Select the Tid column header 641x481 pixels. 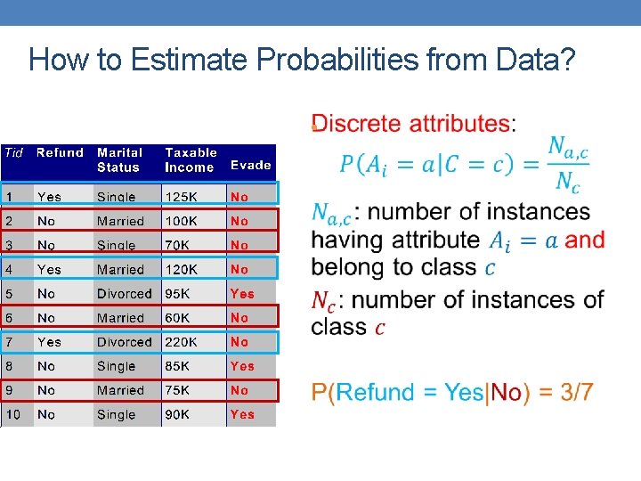click(14, 152)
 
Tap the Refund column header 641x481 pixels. click(60, 152)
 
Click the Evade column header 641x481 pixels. click(250, 165)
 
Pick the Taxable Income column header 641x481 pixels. click(191, 159)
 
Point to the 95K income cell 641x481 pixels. click(179, 293)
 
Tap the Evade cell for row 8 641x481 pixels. click(241, 366)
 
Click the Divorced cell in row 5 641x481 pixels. click(124, 293)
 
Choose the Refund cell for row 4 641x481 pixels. click(49, 269)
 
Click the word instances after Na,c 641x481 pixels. click(537, 212)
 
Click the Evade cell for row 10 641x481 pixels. click(241, 414)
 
